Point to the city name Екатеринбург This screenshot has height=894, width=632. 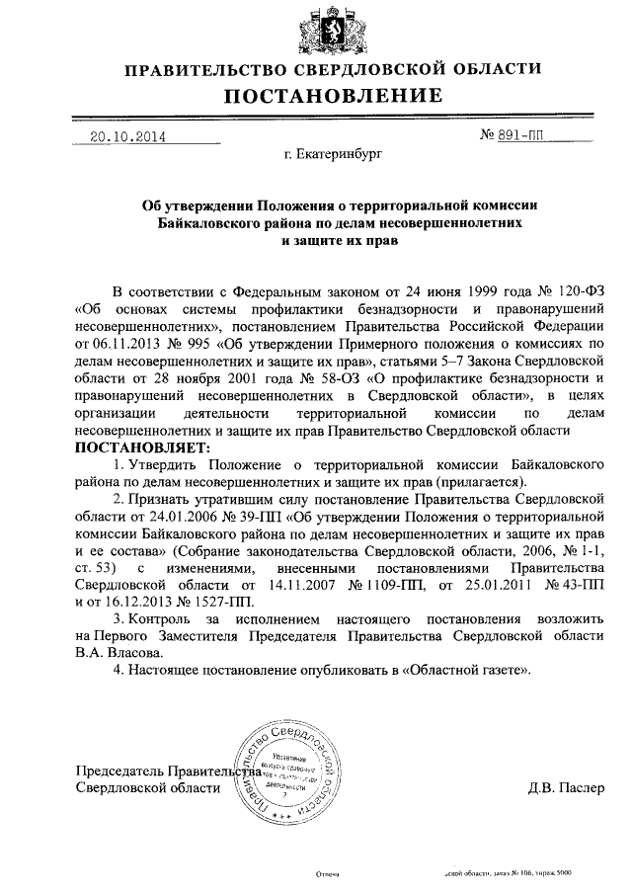331,155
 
